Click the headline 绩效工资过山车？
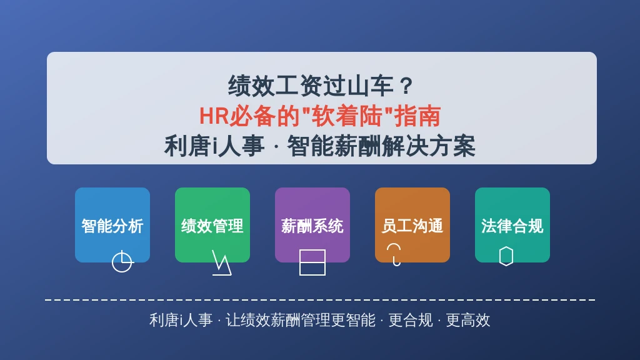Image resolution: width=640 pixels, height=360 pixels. click(321, 86)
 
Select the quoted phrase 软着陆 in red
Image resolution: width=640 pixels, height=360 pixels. click(346, 116)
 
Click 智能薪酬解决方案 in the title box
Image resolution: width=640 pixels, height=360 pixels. click(381, 146)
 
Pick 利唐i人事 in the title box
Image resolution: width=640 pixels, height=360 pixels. click(214, 146)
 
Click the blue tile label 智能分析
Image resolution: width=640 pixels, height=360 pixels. click(112, 226)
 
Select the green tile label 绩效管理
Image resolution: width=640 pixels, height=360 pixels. click(212, 226)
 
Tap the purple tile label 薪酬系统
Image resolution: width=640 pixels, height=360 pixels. click(312, 226)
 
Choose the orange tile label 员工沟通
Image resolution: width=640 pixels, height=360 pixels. click(412, 226)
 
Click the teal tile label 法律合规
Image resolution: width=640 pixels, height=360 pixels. click(512, 226)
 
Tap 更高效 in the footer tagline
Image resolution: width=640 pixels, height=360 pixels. click(467, 321)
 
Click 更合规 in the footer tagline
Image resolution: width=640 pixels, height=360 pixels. click(410, 321)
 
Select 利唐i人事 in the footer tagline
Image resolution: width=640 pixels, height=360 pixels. click(181, 321)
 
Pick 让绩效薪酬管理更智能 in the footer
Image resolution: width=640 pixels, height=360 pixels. click(301, 321)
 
